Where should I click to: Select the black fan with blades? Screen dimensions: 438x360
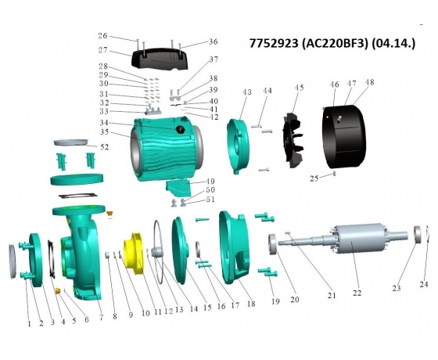(x=293, y=140)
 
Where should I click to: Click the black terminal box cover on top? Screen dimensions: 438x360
(x=159, y=59)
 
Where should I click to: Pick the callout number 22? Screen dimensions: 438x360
(x=357, y=293)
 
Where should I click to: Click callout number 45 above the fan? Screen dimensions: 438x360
(x=299, y=88)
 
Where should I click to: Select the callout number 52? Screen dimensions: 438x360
(x=105, y=147)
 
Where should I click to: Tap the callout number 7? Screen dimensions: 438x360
(x=101, y=318)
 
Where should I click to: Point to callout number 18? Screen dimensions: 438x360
(x=251, y=304)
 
